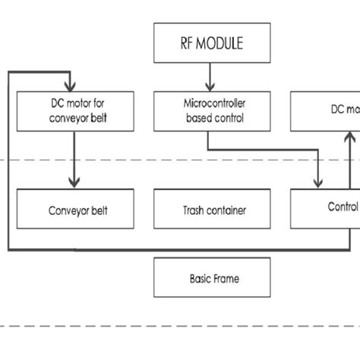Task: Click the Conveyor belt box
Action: click(x=74, y=210)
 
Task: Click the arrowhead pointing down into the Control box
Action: click(x=319, y=182)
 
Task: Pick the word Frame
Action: click(x=225, y=279)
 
